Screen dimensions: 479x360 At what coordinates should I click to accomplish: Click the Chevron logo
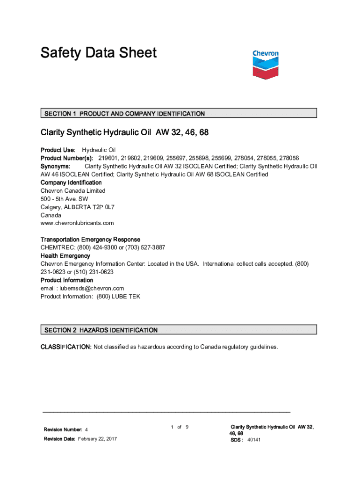(265, 64)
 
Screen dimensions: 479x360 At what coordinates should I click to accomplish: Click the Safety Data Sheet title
(99, 53)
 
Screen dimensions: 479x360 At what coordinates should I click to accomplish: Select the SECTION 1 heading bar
(179, 113)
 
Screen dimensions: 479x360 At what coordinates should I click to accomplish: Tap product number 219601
(109, 158)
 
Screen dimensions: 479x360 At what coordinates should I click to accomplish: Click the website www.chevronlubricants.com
(77, 223)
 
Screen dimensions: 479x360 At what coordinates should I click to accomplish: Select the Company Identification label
(71, 182)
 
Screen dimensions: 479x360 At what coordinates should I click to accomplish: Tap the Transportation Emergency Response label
(90, 239)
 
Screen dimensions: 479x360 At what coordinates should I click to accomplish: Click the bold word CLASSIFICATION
(66, 347)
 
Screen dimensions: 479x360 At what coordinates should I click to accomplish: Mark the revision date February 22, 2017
(97, 439)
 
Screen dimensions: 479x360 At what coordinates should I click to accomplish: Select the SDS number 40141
(254, 440)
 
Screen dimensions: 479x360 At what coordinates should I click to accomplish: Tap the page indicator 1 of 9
(180, 427)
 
